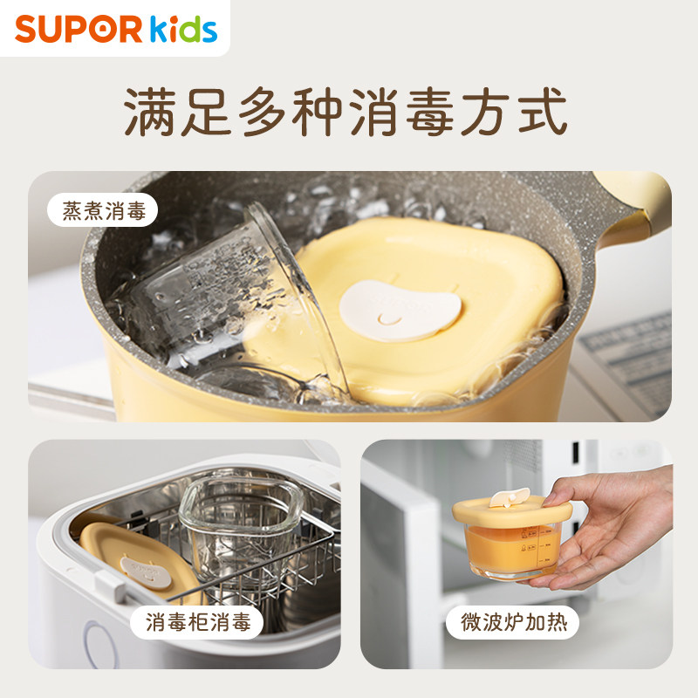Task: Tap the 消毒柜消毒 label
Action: (198, 622)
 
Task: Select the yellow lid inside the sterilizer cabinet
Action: (131, 558)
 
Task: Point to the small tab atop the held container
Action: (505, 497)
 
